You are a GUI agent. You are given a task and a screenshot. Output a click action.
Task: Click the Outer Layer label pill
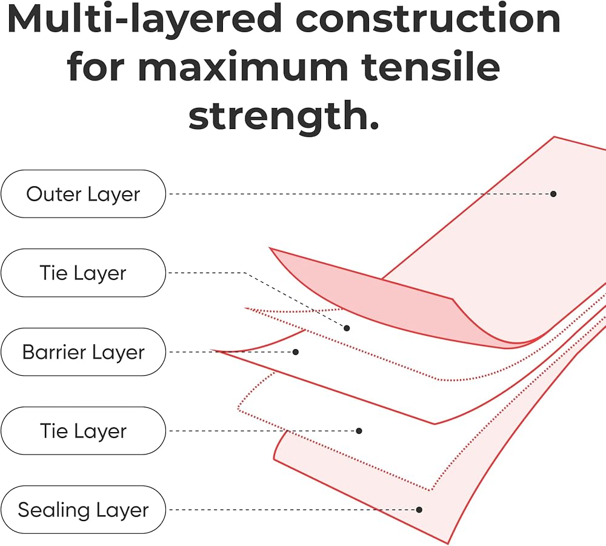tap(83, 194)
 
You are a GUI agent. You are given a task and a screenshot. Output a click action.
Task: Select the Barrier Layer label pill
tap(83, 352)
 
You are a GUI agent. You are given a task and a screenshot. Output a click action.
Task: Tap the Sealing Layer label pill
tap(83, 510)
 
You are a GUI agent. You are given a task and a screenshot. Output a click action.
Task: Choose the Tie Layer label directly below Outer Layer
tap(83, 273)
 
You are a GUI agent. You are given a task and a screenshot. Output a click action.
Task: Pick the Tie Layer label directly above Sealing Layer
tap(83, 431)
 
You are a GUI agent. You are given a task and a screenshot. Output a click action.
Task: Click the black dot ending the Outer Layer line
tap(553, 194)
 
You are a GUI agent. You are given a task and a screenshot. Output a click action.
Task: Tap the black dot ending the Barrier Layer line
tap(296, 351)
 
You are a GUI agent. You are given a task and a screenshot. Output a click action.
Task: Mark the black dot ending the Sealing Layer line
tap(419, 510)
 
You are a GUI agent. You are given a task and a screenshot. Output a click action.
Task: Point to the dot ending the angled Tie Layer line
tap(347, 328)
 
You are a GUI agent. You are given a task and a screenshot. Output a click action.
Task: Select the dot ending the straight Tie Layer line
tap(359, 431)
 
